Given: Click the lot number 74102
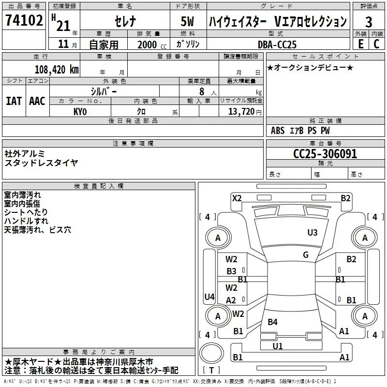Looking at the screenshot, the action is click(24, 20).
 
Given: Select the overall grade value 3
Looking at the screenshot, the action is click(369, 22).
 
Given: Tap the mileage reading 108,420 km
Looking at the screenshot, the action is click(57, 70).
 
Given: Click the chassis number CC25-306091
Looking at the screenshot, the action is click(325, 154).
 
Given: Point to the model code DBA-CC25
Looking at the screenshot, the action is click(277, 45).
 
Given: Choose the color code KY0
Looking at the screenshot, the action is click(80, 112).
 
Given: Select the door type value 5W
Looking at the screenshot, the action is click(187, 21).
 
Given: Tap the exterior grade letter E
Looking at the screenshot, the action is click(360, 44).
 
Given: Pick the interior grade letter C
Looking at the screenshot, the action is click(376, 44).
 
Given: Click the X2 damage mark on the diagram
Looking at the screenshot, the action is click(237, 198).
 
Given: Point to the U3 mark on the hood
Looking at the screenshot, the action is click(312, 233).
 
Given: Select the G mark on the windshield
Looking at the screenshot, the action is click(306, 255).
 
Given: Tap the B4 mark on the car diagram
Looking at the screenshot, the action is click(272, 322).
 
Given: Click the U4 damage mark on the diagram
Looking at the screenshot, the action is click(209, 297).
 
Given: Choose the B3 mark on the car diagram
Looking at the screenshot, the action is click(231, 271).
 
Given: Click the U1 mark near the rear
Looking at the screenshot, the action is click(277, 346).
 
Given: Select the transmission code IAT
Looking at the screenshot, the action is click(14, 101).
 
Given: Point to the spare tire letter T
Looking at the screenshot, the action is click(211, 370).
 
